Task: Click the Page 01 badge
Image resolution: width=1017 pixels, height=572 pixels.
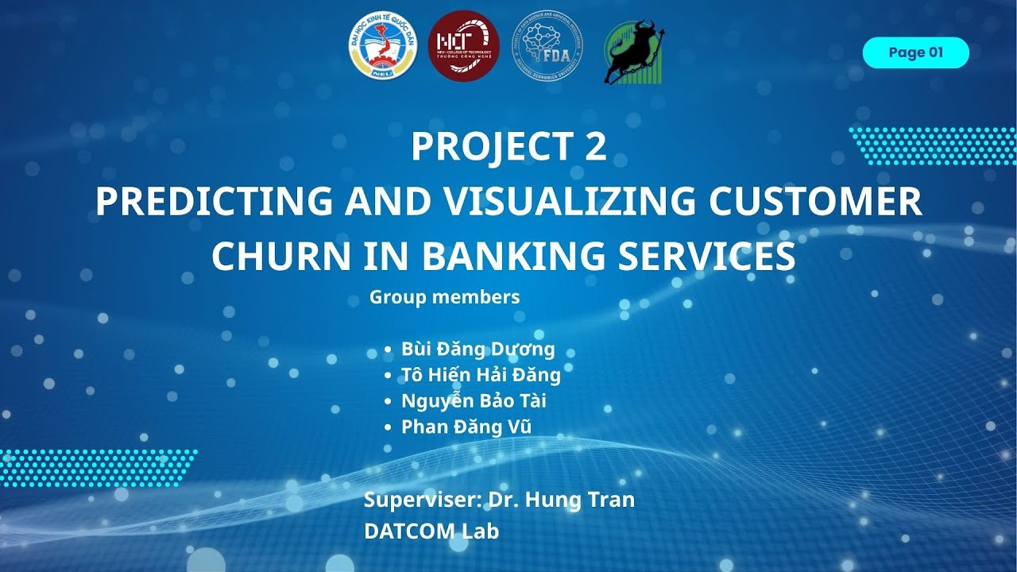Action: [x=915, y=53]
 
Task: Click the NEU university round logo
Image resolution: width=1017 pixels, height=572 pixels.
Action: [x=383, y=45]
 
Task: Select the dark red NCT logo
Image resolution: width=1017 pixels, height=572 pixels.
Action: [x=463, y=45]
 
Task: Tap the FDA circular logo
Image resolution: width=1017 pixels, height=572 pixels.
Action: [x=547, y=45]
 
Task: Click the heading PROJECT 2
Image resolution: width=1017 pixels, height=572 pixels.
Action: [x=508, y=146]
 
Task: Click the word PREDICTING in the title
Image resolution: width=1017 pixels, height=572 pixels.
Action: [x=214, y=202]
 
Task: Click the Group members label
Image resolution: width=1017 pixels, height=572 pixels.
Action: [x=444, y=297]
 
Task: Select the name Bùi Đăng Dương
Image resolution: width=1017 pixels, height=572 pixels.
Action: [x=478, y=349]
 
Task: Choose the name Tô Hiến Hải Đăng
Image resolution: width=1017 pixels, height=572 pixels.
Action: [x=481, y=375]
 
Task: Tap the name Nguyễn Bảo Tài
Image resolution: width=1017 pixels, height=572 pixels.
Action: [x=474, y=400]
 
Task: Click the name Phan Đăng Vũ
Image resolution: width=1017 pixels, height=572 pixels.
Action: [x=466, y=427]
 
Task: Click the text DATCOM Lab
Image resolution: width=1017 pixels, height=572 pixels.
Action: [x=431, y=531]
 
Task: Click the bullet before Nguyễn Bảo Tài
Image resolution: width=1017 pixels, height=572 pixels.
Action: [x=387, y=401]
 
